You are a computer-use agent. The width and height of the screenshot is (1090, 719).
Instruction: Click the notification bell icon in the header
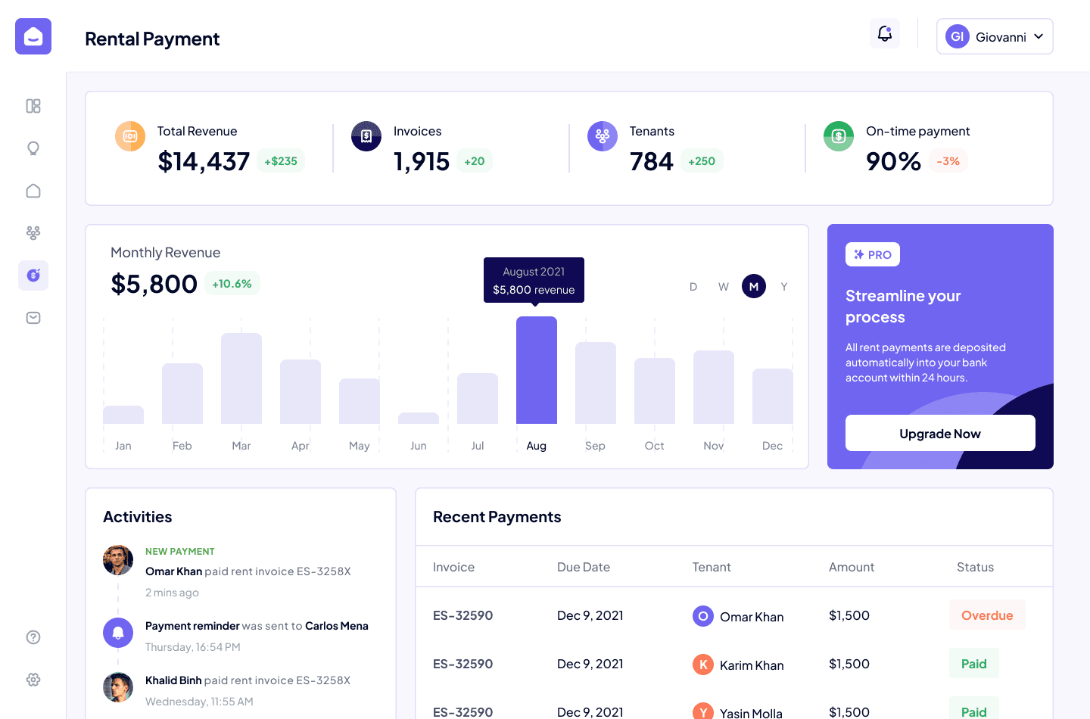(x=885, y=33)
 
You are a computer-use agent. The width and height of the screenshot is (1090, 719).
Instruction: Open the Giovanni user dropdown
(x=995, y=36)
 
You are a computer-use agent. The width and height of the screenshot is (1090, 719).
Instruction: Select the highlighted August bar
(x=536, y=370)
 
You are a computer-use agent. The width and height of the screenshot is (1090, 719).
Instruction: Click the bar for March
(x=241, y=378)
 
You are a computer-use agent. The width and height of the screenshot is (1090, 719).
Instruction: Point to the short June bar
(x=419, y=419)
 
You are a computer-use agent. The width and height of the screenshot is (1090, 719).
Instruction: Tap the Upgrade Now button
(x=940, y=433)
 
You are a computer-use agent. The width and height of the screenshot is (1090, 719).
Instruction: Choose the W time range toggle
(x=724, y=287)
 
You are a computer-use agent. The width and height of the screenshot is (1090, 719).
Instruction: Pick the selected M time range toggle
(x=754, y=287)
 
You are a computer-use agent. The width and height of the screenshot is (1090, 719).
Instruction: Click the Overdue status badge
(x=987, y=615)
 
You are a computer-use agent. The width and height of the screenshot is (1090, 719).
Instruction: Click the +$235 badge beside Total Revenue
(x=281, y=161)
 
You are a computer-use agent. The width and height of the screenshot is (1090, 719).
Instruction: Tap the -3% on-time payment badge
(x=948, y=161)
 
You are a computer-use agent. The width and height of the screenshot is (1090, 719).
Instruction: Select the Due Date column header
(x=584, y=567)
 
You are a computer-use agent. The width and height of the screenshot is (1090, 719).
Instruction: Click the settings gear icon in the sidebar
(x=33, y=680)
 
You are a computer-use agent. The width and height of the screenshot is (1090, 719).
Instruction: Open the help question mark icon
(x=33, y=637)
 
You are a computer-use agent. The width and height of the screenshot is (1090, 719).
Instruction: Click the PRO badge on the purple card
(x=873, y=254)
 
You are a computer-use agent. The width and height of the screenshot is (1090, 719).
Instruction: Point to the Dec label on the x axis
(x=772, y=446)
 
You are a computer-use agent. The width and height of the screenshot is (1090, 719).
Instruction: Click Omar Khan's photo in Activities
(x=118, y=560)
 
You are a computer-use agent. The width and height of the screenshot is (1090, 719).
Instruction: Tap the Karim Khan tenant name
(x=752, y=665)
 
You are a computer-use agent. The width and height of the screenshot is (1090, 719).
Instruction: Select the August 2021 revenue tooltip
(x=534, y=280)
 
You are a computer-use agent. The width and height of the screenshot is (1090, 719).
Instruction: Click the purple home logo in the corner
(x=33, y=36)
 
